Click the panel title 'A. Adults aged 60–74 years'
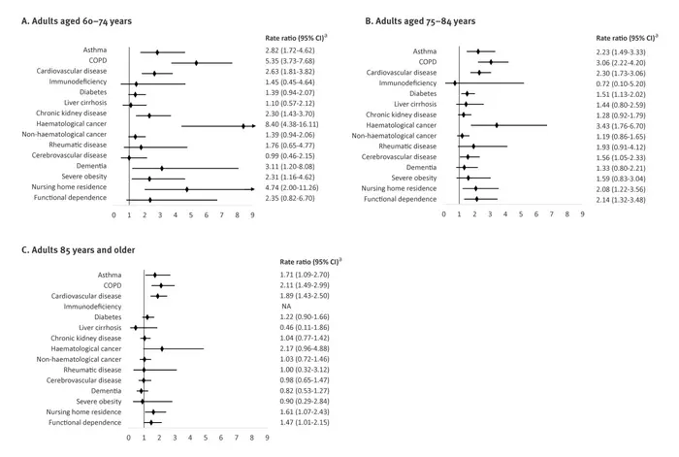pyautogui.click(x=77, y=21)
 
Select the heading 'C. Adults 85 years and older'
pyautogui.click(x=79, y=250)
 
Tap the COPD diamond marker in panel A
pyautogui.click(x=196, y=63)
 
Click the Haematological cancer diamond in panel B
pyautogui.click(x=497, y=125)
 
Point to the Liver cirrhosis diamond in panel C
pyautogui.click(x=136, y=328)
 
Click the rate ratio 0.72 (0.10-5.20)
pyautogui.click(x=621, y=83)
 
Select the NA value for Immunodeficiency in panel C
pyautogui.click(x=286, y=307)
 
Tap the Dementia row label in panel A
pyautogui.click(x=91, y=166)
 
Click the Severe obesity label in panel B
pyautogui.click(x=414, y=178)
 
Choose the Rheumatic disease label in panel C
pyautogui.click(x=92, y=370)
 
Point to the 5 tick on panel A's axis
pyautogui.click(x=191, y=214)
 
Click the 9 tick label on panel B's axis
pyautogui.click(x=582, y=214)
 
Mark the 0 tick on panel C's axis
pyautogui.click(x=129, y=438)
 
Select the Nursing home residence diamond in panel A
pyautogui.click(x=187, y=189)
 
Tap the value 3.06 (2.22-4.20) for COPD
pyautogui.click(x=621, y=62)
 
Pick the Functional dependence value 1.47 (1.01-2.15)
pyautogui.click(x=305, y=422)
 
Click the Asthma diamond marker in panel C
pyautogui.click(x=155, y=275)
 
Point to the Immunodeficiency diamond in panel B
pyautogui.click(x=455, y=82)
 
